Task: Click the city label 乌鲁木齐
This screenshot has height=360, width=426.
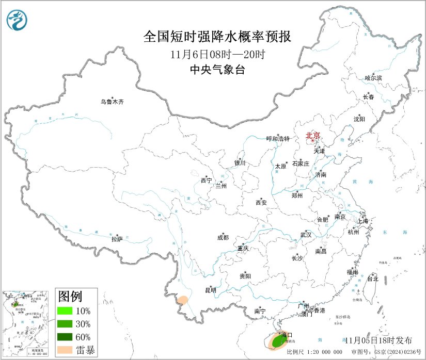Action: click(112, 102)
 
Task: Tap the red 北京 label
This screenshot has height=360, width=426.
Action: click(313, 136)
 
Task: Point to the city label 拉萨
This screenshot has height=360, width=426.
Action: click(117, 239)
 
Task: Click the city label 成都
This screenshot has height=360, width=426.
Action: click(223, 238)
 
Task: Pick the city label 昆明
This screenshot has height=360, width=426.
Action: click(211, 290)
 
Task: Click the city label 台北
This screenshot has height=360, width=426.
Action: click(372, 279)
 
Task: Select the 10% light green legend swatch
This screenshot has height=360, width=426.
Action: click(65, 311)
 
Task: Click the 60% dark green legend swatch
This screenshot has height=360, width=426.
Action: click(65, 337)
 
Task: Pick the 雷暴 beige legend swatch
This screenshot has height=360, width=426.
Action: click(65, 350)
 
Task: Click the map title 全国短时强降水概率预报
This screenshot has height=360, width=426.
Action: click(217, 37)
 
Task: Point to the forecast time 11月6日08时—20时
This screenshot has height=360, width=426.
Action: click(217, 54)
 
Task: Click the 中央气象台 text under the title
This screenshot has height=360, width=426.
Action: click(217, 70)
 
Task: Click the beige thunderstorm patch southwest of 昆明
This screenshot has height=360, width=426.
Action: click(182, 300)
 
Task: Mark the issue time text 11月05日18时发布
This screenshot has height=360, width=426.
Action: click(378, 340)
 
